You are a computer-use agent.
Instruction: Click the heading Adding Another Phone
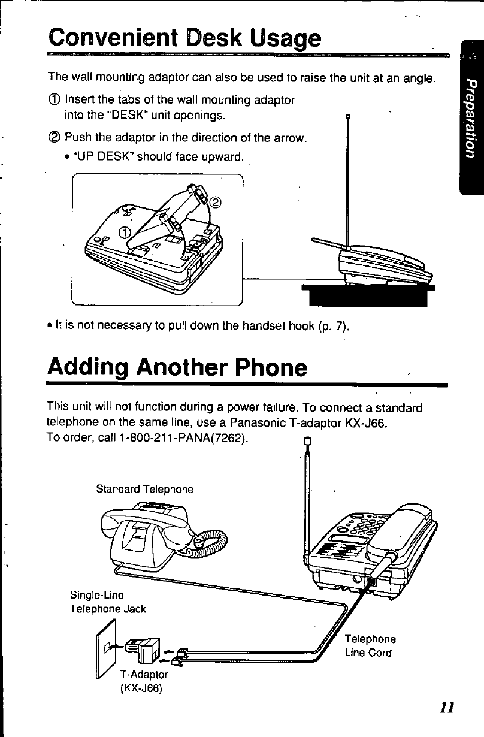(x=177, y=367)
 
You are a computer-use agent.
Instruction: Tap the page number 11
(x=444, y=706)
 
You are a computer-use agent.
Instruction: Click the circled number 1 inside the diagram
(x=124, y=232)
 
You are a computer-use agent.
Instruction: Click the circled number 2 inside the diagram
(x=216, y=201)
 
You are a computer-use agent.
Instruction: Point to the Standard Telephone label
(x=145, y=489)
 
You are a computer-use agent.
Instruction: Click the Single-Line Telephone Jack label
(x=108, y=602)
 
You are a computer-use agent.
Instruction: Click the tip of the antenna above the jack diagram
(x=308, y=443)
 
